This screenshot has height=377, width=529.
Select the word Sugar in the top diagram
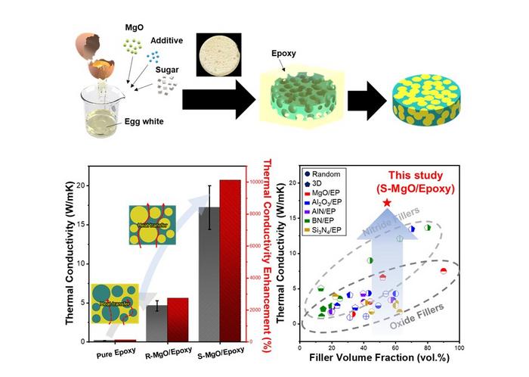(x=167, y=70)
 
